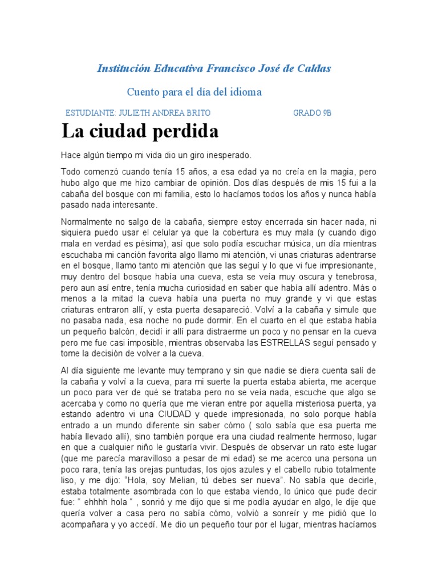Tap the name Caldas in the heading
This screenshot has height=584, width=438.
tap(314, 68)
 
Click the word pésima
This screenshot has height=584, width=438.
tap(129, 244)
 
